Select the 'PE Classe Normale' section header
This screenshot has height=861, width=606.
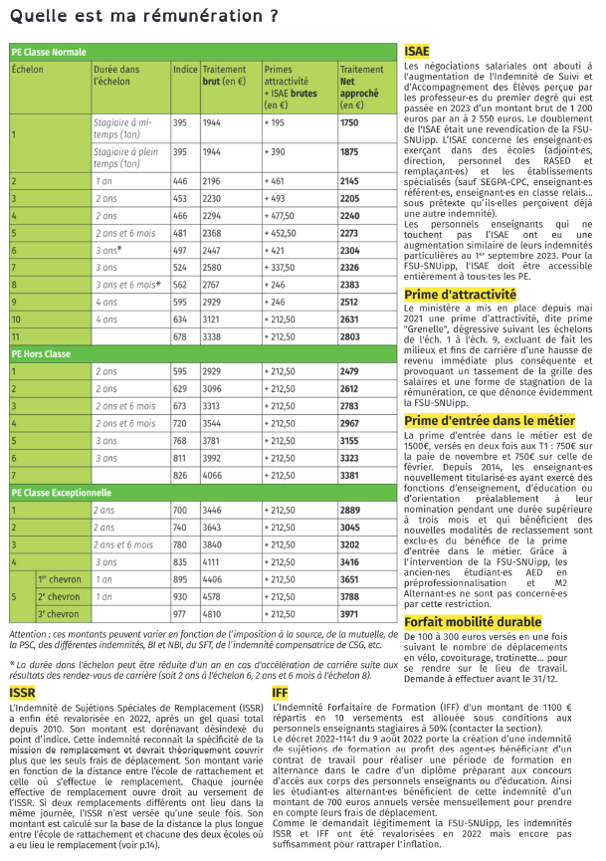[x=50, y=51]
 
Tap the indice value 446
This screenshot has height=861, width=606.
[x=180, y=182]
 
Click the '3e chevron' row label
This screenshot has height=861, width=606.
[x=59, y=614]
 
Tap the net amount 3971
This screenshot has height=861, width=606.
[x=349, y=614]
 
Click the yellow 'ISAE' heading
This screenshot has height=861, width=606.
[x=417, y=51]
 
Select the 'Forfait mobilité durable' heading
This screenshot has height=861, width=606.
[x=473, y=622]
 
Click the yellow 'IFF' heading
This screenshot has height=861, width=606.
[x=282, y=691]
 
